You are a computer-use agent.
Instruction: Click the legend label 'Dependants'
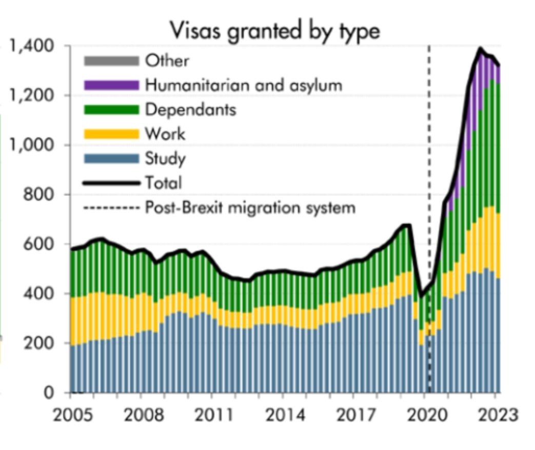tap(190, 110)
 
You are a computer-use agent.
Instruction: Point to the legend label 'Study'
tap(165, 158)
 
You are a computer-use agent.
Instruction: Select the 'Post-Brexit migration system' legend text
tap(250, 208)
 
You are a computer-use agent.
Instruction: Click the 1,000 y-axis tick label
tap(32, 145)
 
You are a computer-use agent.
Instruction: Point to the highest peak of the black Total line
tap(481, 49)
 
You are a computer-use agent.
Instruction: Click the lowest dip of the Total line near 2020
tap(421, 296)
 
